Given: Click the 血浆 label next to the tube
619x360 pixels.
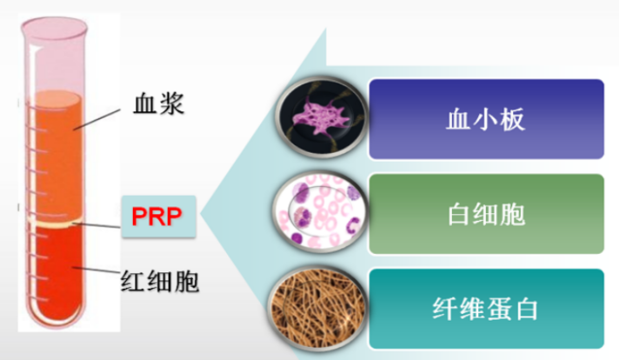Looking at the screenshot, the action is pyautogui.click(x=159, y=103).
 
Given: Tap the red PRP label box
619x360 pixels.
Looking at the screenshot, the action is pyautogui.click(x=158, y=217).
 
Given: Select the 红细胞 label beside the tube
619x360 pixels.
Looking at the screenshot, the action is pyautogui.click(x=160, y=281).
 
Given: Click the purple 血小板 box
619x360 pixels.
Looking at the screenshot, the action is pyautogui.click(x=486, y=119).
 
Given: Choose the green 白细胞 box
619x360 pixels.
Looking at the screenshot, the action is pyautogui.click(x=486, y=214).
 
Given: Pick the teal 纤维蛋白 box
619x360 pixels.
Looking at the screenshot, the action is pyautogui.click(x=486, y=309).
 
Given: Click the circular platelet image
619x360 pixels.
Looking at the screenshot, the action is pyautogui.click(x=322, y=117).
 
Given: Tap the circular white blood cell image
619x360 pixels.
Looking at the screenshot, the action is pyautogui.click(x=321, y=211).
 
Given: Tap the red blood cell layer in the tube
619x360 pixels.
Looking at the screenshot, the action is pyautogui.click(x=57, y=272).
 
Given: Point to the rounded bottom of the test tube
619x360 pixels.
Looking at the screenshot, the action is pyautogui.click(x=57, y=317).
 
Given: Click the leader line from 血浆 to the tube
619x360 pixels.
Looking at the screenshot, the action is pyautogui.click(x=97, y=120).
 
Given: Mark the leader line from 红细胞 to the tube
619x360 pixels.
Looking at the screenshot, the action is pyautogui.click(x=96, y=270).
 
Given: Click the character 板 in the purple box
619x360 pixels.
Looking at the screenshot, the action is pyautogui.click(x=513, y=119).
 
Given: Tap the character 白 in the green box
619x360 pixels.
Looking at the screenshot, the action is pyautogui.click(x=459, y=214).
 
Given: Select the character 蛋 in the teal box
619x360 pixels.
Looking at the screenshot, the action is pyautogui.click(x=499, y=309).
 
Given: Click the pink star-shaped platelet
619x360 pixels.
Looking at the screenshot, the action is pyautogui.click(x=320, y=117).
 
